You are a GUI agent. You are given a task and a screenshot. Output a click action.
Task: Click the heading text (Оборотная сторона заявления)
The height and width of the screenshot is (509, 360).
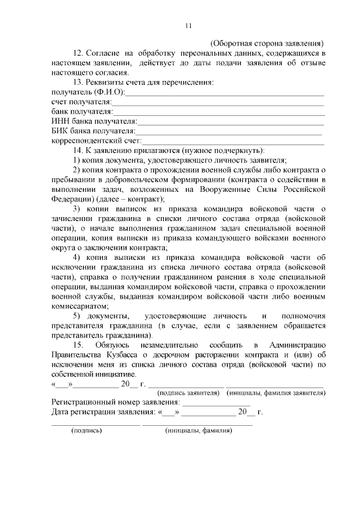pyautogui.click(x=267, y=43)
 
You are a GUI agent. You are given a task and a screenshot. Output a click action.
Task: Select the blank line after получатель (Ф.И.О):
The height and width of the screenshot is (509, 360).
pyautogui.click(x=224, y=93)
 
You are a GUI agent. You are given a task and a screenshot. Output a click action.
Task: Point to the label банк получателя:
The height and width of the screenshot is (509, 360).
pyautogui.click(x=82, y=112)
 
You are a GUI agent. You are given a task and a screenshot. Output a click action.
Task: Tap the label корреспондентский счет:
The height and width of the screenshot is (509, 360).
pyautogui.click(x=96, y=141)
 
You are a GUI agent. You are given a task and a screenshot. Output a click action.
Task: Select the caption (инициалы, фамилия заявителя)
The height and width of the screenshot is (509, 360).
pyautogui.click(x=276, y=393)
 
